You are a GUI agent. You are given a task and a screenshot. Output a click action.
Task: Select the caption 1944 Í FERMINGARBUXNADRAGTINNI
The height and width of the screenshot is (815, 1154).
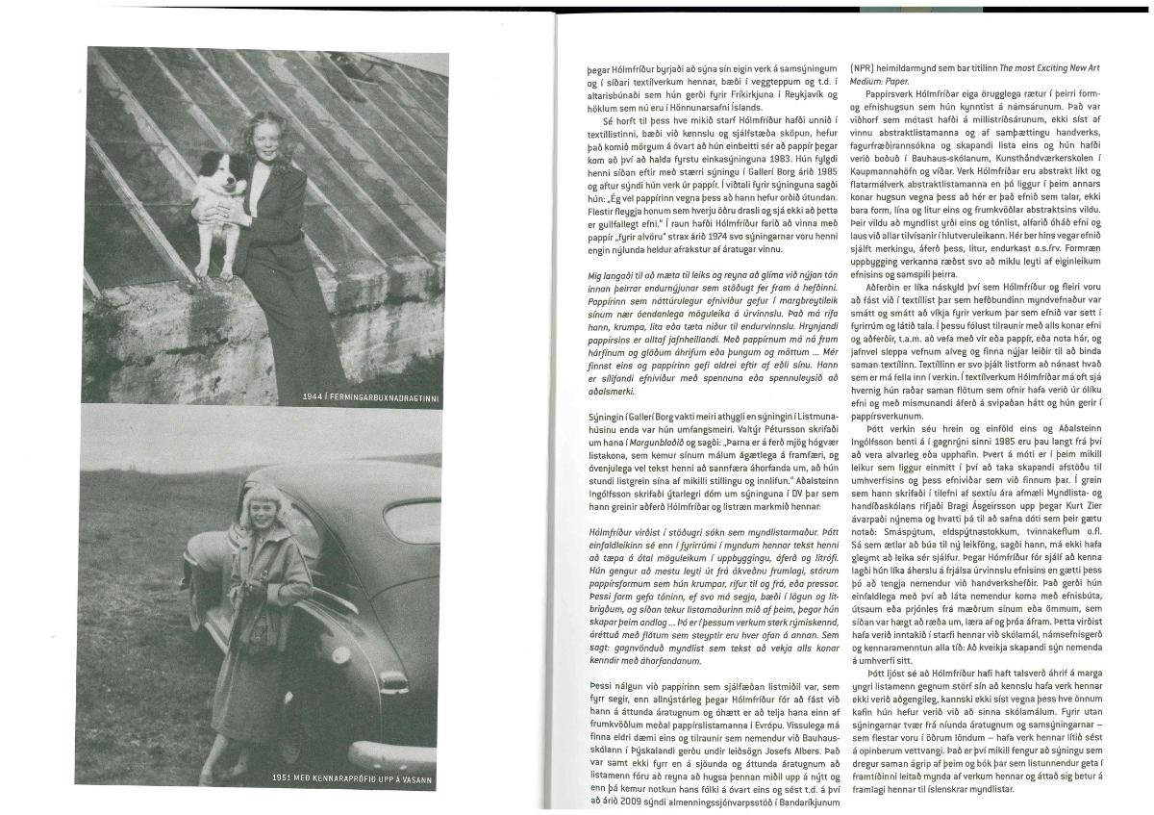pyautogui.click(x=369, y=396)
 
